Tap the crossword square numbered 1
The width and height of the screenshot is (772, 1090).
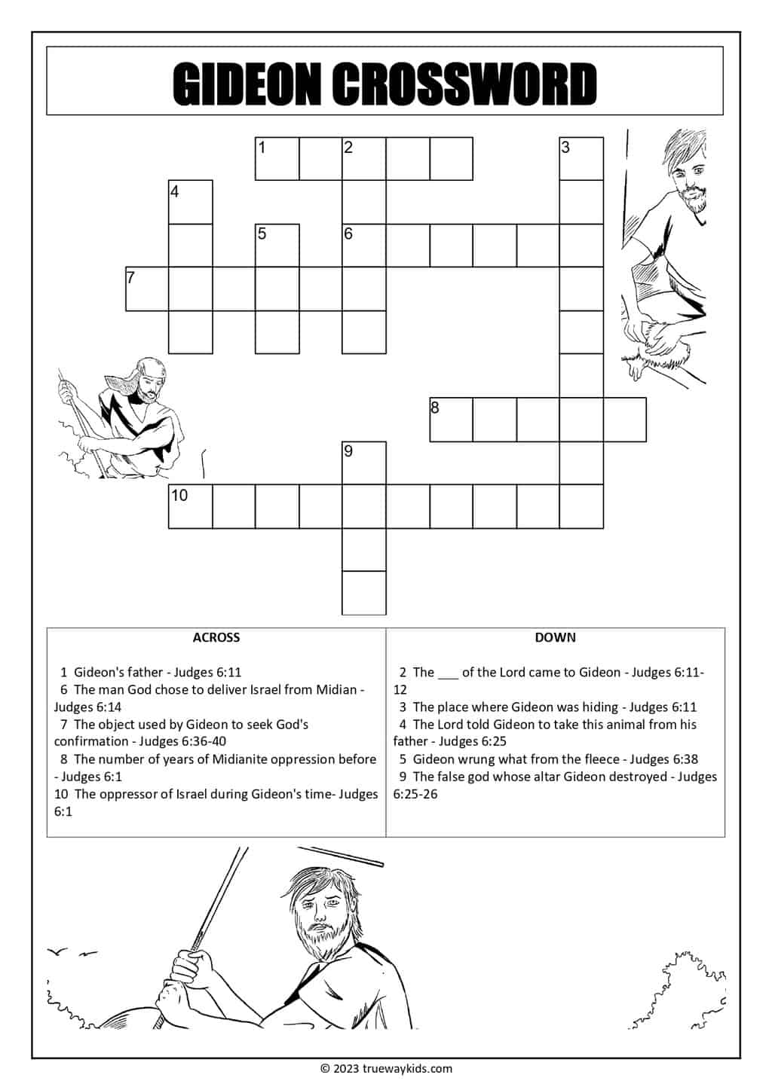coord(277,158)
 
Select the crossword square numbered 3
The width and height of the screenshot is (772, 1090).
coord(581,158)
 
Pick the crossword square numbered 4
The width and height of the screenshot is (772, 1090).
coord(190,202)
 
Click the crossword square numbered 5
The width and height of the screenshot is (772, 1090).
coord(277,245)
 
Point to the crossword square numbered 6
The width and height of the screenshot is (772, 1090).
coord(364,245)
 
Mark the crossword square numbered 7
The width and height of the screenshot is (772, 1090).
coord(147,289)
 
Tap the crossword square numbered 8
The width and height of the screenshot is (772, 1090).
coord(451,420)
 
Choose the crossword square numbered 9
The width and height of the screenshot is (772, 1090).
coord(364,463)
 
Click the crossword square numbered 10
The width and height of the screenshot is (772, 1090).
coord(190,506)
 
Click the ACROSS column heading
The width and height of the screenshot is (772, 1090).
coord(216,637)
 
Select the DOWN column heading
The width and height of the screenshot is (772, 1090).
coord(555,637)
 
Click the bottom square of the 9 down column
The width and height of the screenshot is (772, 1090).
coord(364,593)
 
